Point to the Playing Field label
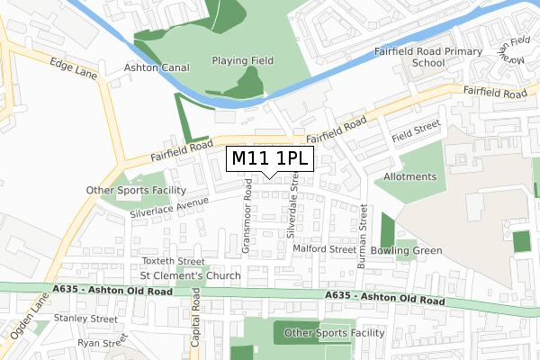point(242,61)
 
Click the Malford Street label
point(324,249)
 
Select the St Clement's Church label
point(190,275)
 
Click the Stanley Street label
point(85,319)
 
